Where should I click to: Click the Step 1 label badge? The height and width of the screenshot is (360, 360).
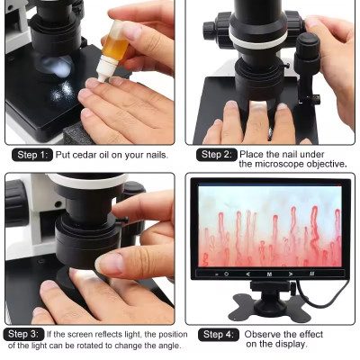tap(32, 155)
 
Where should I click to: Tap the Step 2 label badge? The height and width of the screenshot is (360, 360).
tap(217, 155)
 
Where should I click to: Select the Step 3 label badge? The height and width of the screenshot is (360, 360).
tap(23, 334)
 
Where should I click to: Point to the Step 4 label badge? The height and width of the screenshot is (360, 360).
tap(219, 335)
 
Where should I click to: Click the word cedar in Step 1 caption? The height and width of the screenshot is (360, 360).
tap(85, 155)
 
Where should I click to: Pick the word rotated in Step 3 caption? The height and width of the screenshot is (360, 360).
tap(93, 346)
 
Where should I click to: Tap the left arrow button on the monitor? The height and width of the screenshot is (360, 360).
tap(247, 274)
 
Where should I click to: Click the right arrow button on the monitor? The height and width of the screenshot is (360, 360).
tap(291, 274)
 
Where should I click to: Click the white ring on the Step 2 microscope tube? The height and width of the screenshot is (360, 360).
tap(257, 40)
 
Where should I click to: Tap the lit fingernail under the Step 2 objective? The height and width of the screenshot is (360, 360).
tap(257, 105)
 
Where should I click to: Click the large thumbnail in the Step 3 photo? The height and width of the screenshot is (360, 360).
tap(109, 263)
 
